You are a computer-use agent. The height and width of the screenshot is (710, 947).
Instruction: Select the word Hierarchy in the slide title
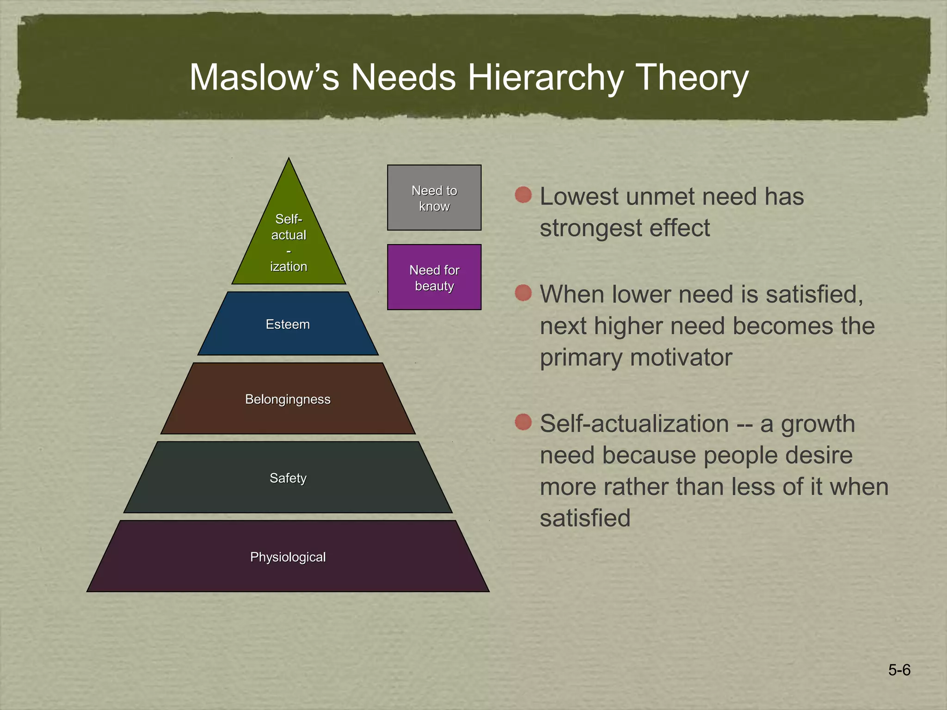coord(546,77)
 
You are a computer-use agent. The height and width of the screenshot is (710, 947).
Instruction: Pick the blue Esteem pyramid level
coord(288,324)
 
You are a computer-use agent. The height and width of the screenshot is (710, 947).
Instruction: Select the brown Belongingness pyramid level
coord(288,399)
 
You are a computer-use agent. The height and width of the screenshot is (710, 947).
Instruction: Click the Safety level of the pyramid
coord(288,477)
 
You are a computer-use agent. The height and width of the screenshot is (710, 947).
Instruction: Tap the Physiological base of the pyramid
coord(288,557)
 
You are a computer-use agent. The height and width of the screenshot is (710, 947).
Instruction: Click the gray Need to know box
coord(434,198)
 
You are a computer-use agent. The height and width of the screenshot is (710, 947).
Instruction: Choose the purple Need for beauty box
coord(434,277)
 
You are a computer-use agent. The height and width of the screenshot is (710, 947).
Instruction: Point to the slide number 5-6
coord(899,670)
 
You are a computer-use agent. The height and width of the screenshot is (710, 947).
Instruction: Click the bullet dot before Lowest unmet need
coord(523,195)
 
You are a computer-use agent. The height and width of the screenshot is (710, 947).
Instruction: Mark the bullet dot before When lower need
coord(523,293)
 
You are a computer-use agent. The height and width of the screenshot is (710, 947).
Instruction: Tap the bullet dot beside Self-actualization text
coord(523,422)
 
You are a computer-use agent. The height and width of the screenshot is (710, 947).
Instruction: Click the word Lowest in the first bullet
coord(579,196)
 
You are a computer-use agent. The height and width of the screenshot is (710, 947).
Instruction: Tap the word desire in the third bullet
coord(819,455)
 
